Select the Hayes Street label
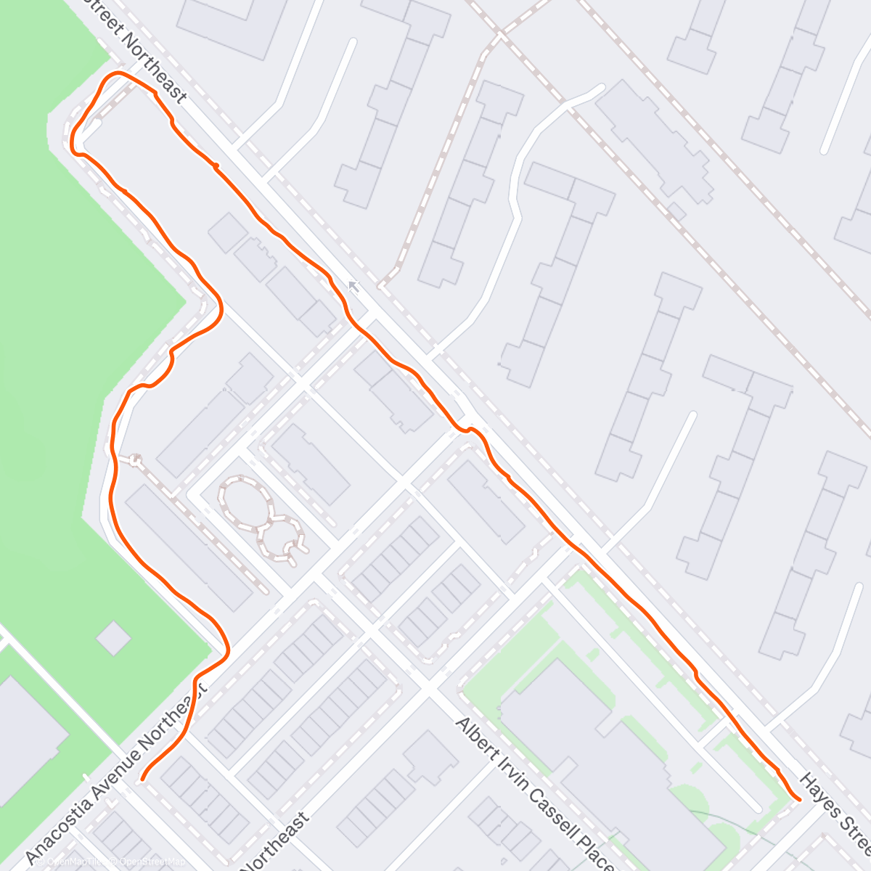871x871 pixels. [835, 813]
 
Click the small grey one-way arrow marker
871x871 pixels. [353, 287]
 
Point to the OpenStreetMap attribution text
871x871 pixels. [149, 862]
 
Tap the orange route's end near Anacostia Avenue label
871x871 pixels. [142, 780]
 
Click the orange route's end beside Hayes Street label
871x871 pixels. [798, 800]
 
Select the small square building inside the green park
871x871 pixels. [113, 639]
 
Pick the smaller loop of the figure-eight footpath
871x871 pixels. [279, 539]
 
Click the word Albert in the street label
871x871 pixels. [475, 737]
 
